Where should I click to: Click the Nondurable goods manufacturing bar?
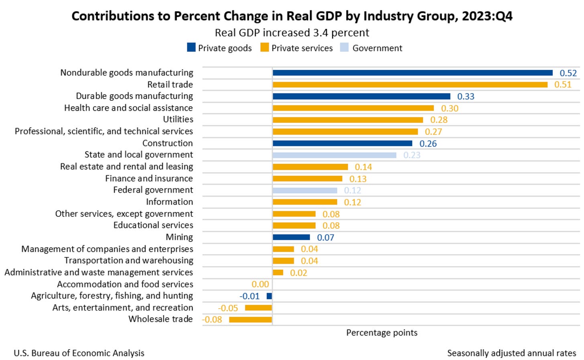coord(412,73)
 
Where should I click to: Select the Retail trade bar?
coord(410,85)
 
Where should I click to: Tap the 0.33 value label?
coord(466,97)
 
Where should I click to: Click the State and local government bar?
coord(334,155)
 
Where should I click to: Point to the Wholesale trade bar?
coord(250,320)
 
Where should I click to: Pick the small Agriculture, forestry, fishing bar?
coord(269,296)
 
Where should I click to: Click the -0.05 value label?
coord(228,308)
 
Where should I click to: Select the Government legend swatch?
coord(344,48)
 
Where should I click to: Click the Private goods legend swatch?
coord(191,48)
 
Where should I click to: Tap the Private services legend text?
coord(302,48)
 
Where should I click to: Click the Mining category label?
coord(179,237)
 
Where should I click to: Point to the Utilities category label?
coord(178,120)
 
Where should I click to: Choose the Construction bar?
coord(342,143)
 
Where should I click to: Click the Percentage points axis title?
coord(382,333)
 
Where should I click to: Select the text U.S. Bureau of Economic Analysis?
coord(79,353)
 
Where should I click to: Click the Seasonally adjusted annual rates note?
coord(511,353)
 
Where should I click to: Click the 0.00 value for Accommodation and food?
coord(260,285)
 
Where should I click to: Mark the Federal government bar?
coord(305,191)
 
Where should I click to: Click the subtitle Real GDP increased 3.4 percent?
coord(292,33)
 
